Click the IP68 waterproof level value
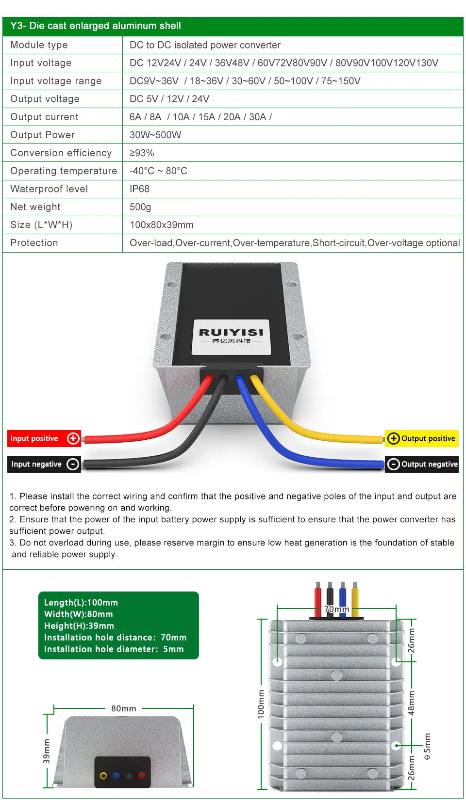click(x=139, y=189)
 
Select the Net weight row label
click(x=35, y=207)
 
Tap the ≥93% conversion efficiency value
click(x=142, y=153)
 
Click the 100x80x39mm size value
click(x=161, y=224)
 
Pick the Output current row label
click(x=44, y=117)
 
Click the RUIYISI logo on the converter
click(x=231, y=333)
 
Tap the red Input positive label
click(x=44, y=439)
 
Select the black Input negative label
click(x=44, y=464)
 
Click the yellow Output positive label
click(x=422, y=439)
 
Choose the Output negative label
click(x=422, y=464)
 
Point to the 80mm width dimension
click(x=124, y=708)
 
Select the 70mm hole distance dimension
click(x=336, y=609)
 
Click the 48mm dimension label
click(x=412, y=703)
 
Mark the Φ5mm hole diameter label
click(x=427, y=747)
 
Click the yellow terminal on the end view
click(x=103, y=776)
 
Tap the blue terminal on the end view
click(x=116, y=776)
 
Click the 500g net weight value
click(x=140, y=207)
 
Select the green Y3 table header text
click(x=96, y=26)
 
